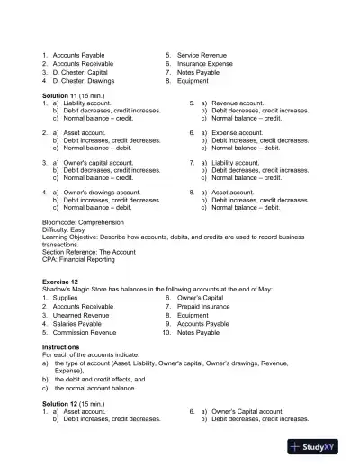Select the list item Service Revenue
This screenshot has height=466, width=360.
coord(202,55)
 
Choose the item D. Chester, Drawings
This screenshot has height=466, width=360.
coord(85,80)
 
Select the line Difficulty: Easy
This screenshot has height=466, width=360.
coord(65,229)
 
